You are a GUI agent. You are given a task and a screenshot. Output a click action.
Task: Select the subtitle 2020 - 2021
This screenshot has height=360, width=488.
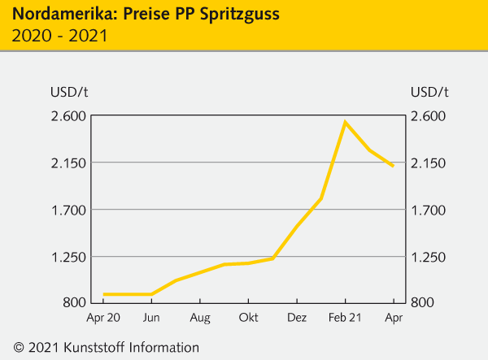click(x=59, y=35)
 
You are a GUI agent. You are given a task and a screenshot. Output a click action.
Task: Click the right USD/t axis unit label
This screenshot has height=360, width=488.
click(x=429, y=90)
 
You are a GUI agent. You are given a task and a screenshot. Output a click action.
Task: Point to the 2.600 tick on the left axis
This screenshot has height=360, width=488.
click(x=59, y=115)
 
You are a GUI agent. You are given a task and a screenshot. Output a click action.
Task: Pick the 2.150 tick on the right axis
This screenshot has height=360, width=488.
click(x=429, y=163)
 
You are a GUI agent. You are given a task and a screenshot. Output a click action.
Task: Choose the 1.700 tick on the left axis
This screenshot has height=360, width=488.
click(x=59, y=210)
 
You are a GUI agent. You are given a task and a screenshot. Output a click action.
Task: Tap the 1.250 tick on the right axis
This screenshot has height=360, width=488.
click(x=429, y=257)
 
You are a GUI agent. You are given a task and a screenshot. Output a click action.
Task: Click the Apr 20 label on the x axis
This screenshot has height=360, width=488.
click(x=103, y=318)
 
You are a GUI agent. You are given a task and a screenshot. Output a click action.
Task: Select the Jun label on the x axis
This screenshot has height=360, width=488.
click(x=151, y=318)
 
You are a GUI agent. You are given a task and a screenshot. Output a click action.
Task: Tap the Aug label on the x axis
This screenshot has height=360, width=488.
click(x=200, y=318)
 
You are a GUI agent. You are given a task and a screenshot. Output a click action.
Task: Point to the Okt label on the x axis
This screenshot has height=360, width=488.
click(x=248, y=318)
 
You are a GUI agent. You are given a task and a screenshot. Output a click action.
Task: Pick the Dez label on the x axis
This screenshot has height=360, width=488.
click(x=297, y=318)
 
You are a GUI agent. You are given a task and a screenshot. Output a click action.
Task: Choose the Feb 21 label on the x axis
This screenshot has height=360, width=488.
click(x=345, y=318)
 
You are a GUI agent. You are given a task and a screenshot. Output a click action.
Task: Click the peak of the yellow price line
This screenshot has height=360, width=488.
click(x=345, y=123)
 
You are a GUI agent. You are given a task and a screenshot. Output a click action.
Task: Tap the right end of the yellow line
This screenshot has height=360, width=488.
click(x=394, y=166)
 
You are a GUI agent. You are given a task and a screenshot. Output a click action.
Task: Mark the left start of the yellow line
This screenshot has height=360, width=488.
click(x=104, y=294)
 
